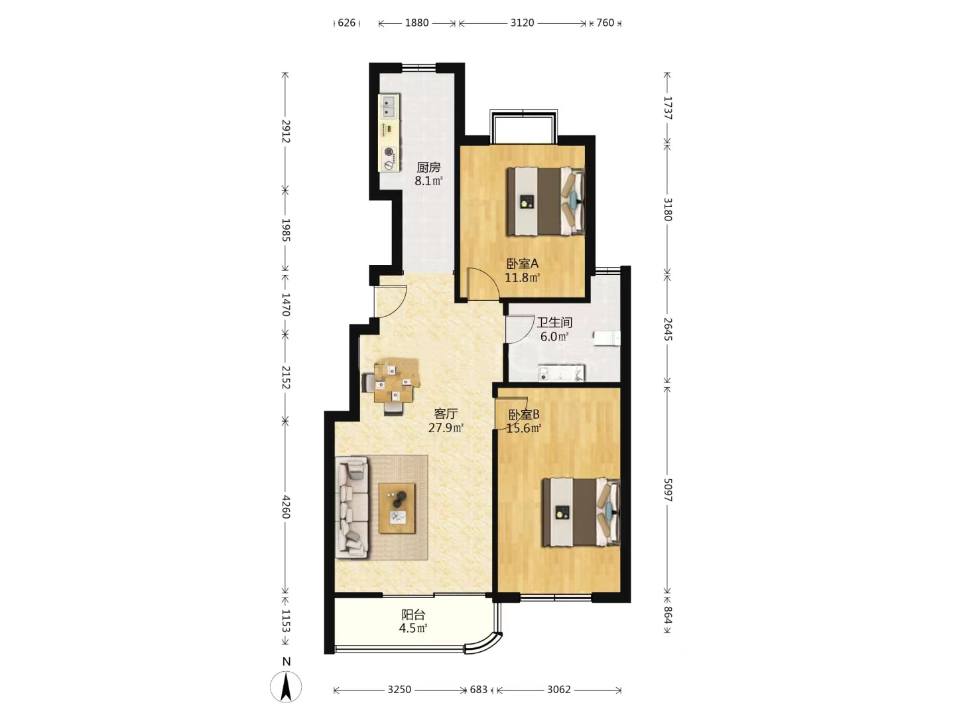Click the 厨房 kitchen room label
pyautogui.click(x=428, y=167)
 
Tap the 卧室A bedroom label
pyautogui.click(x=523, y=264)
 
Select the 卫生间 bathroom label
pyautogui.click(x=554, y=323)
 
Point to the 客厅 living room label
pyautogui.click(x=446, y=413)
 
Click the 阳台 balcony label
pyautogui.click(x=413, y=615)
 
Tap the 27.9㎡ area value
pyautogui.click(x=446, y=428)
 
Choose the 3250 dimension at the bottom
pyautogui.click(x=399, y=690)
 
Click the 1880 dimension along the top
pyautogui.click(x=416, y=23)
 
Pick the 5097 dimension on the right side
pyautogui.click(x=668, y=490)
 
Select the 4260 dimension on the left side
pyautogui.click(x=285, y=507)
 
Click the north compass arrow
pyautogui.click(x=286, y=687)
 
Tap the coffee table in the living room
pyautogui.click(x=397, y=508)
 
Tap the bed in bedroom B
pyautogui.click(x=581, y=512)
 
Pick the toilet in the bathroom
pyautogui.click(x=607, y=339)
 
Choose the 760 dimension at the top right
pyautogui.click(x=605, y=23)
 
